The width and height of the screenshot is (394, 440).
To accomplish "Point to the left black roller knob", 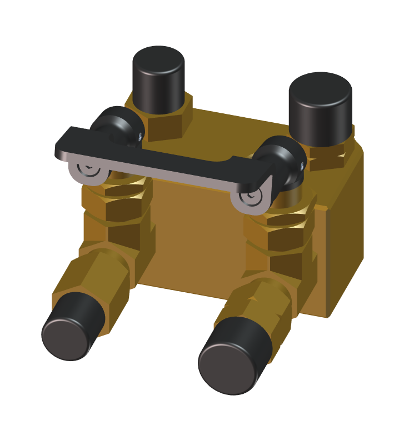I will [x=114, y=125].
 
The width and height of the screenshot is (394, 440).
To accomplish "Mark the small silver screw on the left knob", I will [x=139, y=134].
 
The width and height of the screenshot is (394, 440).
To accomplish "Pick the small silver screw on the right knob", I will [x=301, y=164].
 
